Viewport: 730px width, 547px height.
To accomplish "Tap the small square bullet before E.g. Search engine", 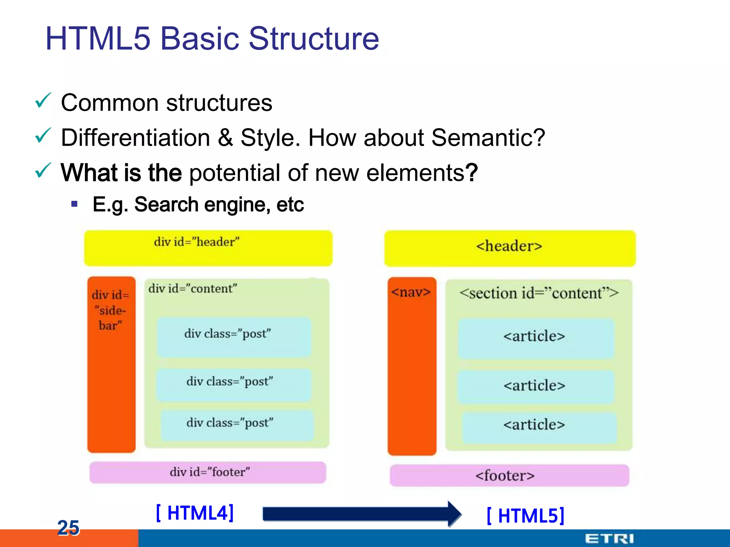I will coord(74,204).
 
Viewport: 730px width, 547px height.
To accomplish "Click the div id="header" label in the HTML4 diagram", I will coord(197,242).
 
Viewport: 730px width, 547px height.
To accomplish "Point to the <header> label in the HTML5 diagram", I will coord(509,246).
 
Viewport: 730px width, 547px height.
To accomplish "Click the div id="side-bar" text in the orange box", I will coord(110,310).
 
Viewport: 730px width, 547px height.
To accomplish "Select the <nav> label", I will coord(411,292).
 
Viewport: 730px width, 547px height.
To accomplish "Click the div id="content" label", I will coord(193,288).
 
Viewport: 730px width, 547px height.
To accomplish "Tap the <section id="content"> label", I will coord(539,293).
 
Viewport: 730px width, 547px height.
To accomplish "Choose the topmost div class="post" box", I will coord(234,337).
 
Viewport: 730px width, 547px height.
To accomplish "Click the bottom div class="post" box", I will coord(237,425).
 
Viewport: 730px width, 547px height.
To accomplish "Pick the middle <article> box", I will coord(535,386).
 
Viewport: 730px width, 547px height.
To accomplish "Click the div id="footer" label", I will coord(210,472).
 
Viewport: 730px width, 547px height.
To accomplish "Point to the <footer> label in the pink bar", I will coord(505,476).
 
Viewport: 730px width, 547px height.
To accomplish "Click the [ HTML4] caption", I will coord(195,513).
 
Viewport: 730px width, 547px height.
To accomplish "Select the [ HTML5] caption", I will coord(526,516).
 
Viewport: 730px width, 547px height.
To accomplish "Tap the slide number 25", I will coord(68,527).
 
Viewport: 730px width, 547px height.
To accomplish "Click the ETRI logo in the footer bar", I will coord(609,538).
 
